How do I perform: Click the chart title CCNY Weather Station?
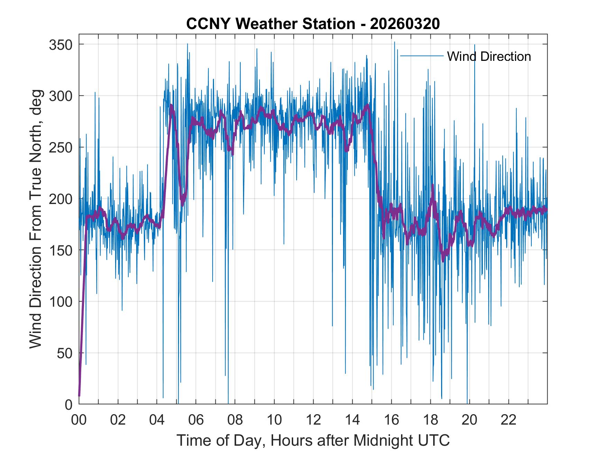270,24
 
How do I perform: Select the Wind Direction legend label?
489,56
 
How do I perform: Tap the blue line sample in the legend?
421,56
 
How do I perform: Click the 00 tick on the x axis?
79,420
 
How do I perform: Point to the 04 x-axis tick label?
157,420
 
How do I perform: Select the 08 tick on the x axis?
235,420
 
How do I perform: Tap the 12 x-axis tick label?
313,420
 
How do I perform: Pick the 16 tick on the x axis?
391,420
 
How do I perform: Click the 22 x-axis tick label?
509,420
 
